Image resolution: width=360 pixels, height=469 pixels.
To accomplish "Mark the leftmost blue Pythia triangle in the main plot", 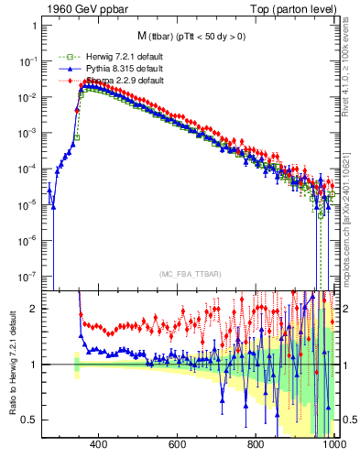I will click(x=49, y=190).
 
